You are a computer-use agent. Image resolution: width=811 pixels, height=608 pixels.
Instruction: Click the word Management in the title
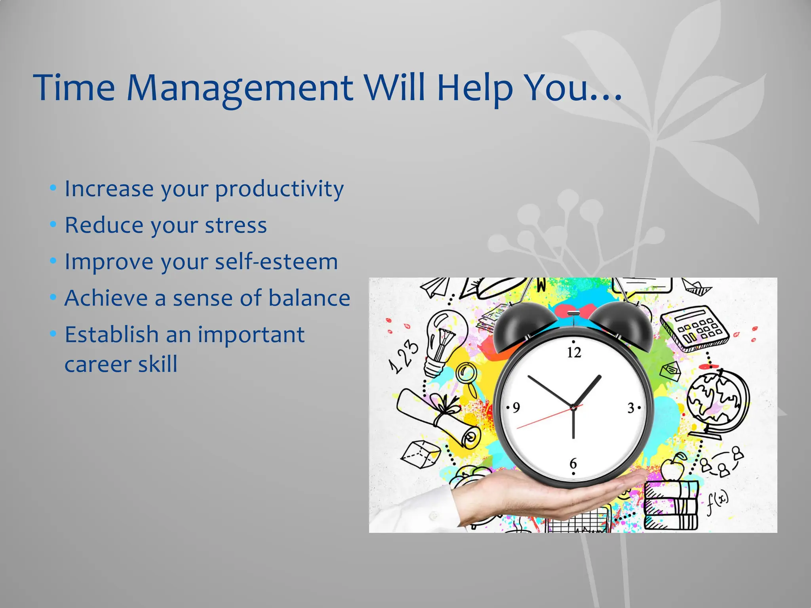pos(239,88)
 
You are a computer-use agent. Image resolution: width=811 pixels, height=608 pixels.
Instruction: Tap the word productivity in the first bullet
pos(279,189)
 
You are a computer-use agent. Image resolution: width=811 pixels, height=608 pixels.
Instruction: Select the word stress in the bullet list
pos(236,225)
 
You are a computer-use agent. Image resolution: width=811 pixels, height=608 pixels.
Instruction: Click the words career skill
pos(121,364)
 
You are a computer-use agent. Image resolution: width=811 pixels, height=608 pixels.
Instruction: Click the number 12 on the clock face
pos(574,352)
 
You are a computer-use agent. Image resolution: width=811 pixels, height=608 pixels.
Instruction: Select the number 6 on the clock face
pos(573,463)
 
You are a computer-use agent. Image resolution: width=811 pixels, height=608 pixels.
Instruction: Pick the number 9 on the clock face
pos(516,407)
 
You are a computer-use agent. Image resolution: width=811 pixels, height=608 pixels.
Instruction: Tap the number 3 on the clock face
pos(631,408)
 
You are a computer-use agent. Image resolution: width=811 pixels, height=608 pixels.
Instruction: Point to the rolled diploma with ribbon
pos(436,416)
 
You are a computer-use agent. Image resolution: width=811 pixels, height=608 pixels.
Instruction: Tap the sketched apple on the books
pos(672,469)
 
